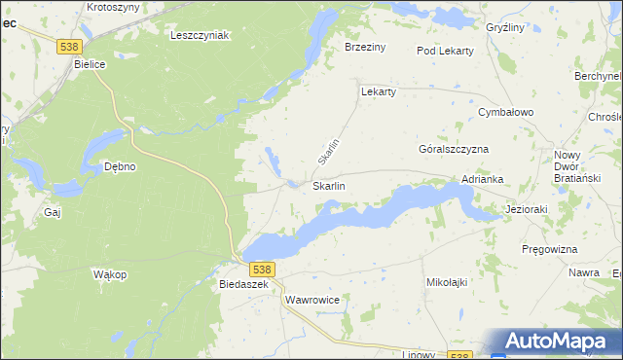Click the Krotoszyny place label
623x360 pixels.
point(113,7)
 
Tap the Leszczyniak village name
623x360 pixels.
point(199,35)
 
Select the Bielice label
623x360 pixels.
point(92,64)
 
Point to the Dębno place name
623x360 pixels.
point(120,166)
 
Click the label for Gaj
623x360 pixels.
point(53,211)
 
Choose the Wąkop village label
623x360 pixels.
point(110,274)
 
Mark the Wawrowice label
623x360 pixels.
point(312,301)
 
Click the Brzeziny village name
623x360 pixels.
point(366,46)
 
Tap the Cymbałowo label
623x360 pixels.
point(506,113)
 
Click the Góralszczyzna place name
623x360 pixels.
point(453,150)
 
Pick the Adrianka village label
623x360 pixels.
point(482,179)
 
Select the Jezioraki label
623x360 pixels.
point(529,209)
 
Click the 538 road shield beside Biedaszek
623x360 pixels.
point(262,268)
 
